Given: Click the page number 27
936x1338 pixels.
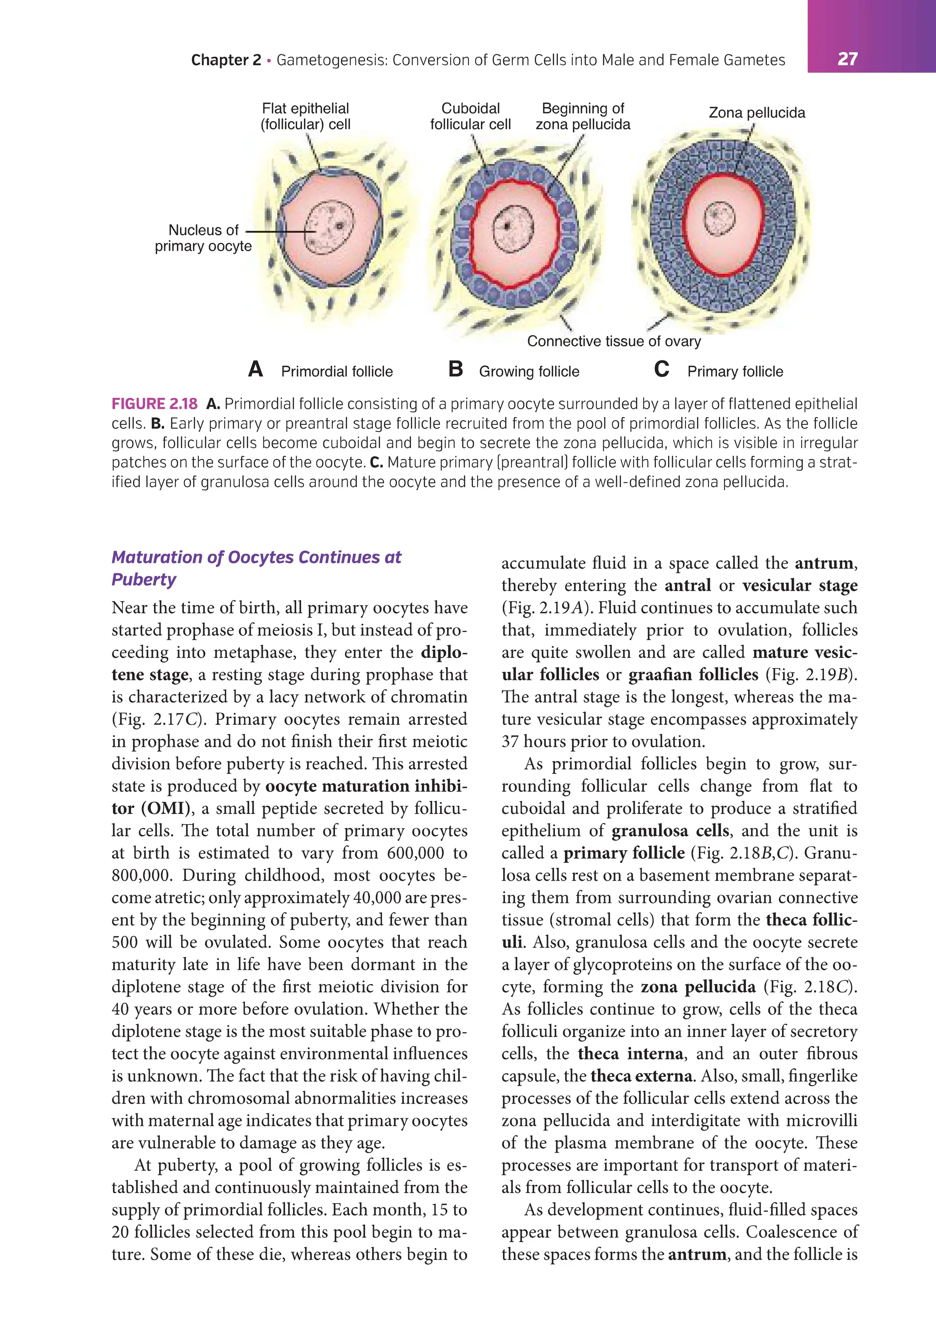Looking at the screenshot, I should [847, 59].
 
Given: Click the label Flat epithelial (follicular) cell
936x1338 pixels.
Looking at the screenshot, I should [305, 116].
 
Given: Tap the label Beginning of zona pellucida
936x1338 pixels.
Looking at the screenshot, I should [582, 116].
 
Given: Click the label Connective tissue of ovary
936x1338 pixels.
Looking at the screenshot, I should [613, 341].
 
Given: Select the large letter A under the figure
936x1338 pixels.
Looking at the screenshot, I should [255, 369].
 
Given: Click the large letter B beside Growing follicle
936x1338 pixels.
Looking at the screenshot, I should [456, 369].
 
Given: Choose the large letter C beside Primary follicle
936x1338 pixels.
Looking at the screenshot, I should [662, 369].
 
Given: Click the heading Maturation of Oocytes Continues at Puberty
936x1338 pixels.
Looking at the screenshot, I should [256, 568].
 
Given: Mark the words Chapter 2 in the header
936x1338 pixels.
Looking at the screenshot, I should [226, 60].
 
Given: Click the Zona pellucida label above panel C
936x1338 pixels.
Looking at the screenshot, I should [756, 112].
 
